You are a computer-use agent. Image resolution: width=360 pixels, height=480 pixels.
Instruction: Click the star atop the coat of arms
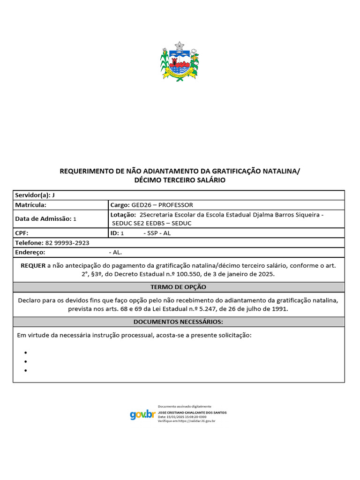[180, 45]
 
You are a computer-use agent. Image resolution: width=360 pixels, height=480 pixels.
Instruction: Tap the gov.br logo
[142, 414]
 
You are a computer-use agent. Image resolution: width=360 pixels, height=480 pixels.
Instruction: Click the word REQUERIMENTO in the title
[87, 171]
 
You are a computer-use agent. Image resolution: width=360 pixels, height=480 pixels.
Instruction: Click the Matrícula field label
[30, 205]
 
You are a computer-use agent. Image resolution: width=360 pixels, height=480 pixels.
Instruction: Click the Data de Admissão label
[43, 219]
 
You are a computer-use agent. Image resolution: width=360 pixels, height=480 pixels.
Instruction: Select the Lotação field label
[123, 215]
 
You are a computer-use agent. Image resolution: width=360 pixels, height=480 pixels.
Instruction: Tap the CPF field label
[22, 233]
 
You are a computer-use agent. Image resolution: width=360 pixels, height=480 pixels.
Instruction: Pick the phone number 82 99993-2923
[67, 243]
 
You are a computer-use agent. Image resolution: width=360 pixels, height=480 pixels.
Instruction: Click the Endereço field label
[30, 252]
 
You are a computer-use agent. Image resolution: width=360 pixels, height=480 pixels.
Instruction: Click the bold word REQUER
[33, 265]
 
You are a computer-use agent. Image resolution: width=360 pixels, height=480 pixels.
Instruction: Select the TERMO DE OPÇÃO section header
[178, 287]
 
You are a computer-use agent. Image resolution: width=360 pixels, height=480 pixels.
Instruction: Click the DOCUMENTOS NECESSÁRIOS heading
[178, 322]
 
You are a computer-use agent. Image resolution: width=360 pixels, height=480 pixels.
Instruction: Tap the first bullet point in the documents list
[25, 352]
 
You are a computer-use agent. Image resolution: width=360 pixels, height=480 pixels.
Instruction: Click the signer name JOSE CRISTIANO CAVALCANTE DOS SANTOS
[192, 412]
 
